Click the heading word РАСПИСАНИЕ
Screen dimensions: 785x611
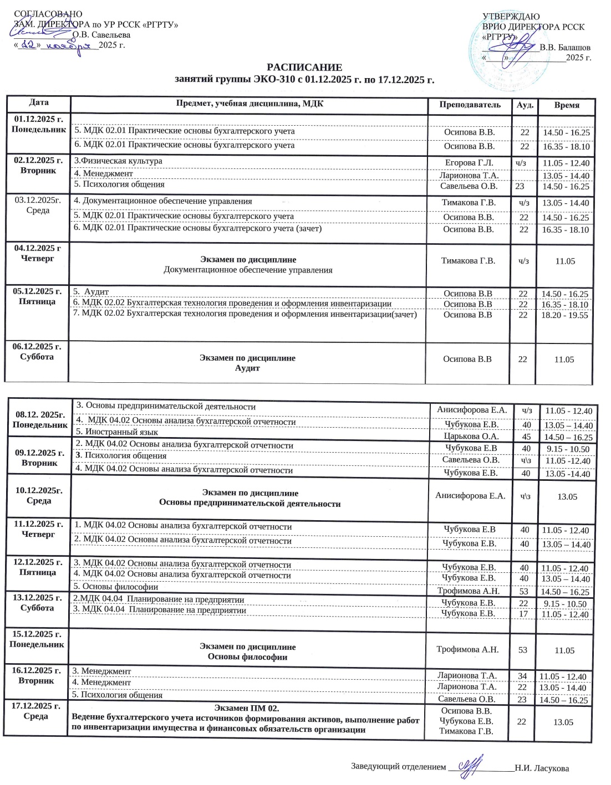(x=304, y=68)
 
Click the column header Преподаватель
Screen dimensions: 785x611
(x=470, y=105)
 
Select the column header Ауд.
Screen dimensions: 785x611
(x=525, y=105)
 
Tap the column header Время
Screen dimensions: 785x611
(x=566, y=105)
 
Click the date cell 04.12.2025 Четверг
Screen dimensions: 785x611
(x=38, y=253)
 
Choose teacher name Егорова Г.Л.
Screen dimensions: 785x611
(x=469, y=162)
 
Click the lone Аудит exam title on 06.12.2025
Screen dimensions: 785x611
(x=247, y=368)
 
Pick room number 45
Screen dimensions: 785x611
(x=526, y=437)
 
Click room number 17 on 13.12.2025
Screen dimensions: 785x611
(x=523, y=614)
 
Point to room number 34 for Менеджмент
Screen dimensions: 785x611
(x=522, y=676)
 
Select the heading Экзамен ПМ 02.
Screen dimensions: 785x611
(x=247, y=708)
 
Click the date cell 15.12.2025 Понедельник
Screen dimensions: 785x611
(x=37, y=639)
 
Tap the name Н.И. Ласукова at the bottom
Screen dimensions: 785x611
(x=541, y=768)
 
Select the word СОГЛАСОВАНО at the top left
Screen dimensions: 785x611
(x=48, y=14)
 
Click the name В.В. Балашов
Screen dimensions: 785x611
(x=565, y=48)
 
